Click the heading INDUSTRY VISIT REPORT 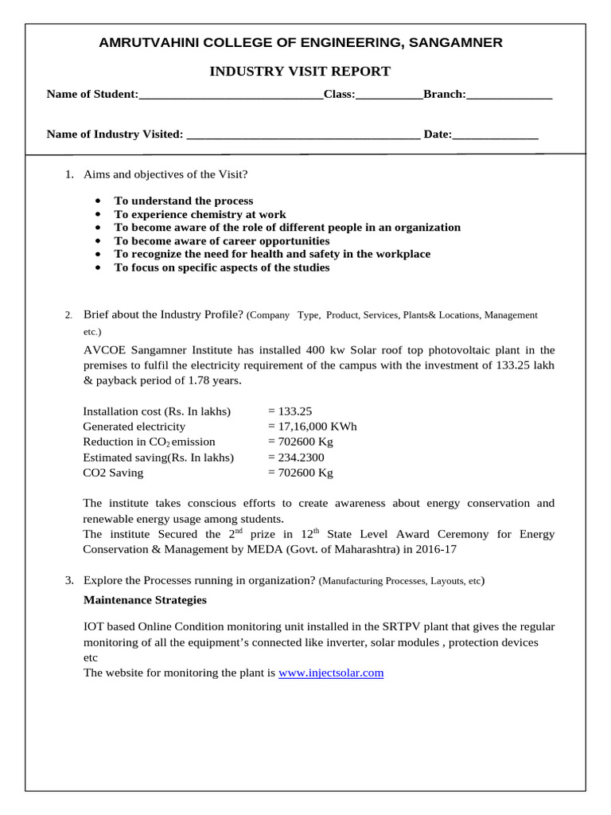pyautogui.click(x=300, y=72)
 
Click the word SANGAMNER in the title pyautogui.click(x=455, y=43)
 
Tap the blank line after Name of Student pyautogui.click(x=231, y=95)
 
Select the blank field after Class pyautogui.click(x=389, y=95)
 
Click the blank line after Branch pyautogui.click(x=509, y=95)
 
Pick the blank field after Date pyautogui.click(x=495, y=135)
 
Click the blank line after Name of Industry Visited pyautogui.click(x=302, y=135)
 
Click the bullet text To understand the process pyautogui.click(x=184, y=201)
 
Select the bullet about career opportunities pyautogui.click(x=221, y=241)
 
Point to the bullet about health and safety pyautogui.click(x=272, y=254)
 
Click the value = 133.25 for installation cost pyautogui.click(x=290, y=411)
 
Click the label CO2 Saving pyautogui.click(x=113, y=473)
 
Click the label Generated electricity pyautogui.click(x=134, y=427)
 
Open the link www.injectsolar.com pyautogui.click(x=331, y=673)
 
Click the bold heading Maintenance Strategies pyautogui.click(x=145, y=600)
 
